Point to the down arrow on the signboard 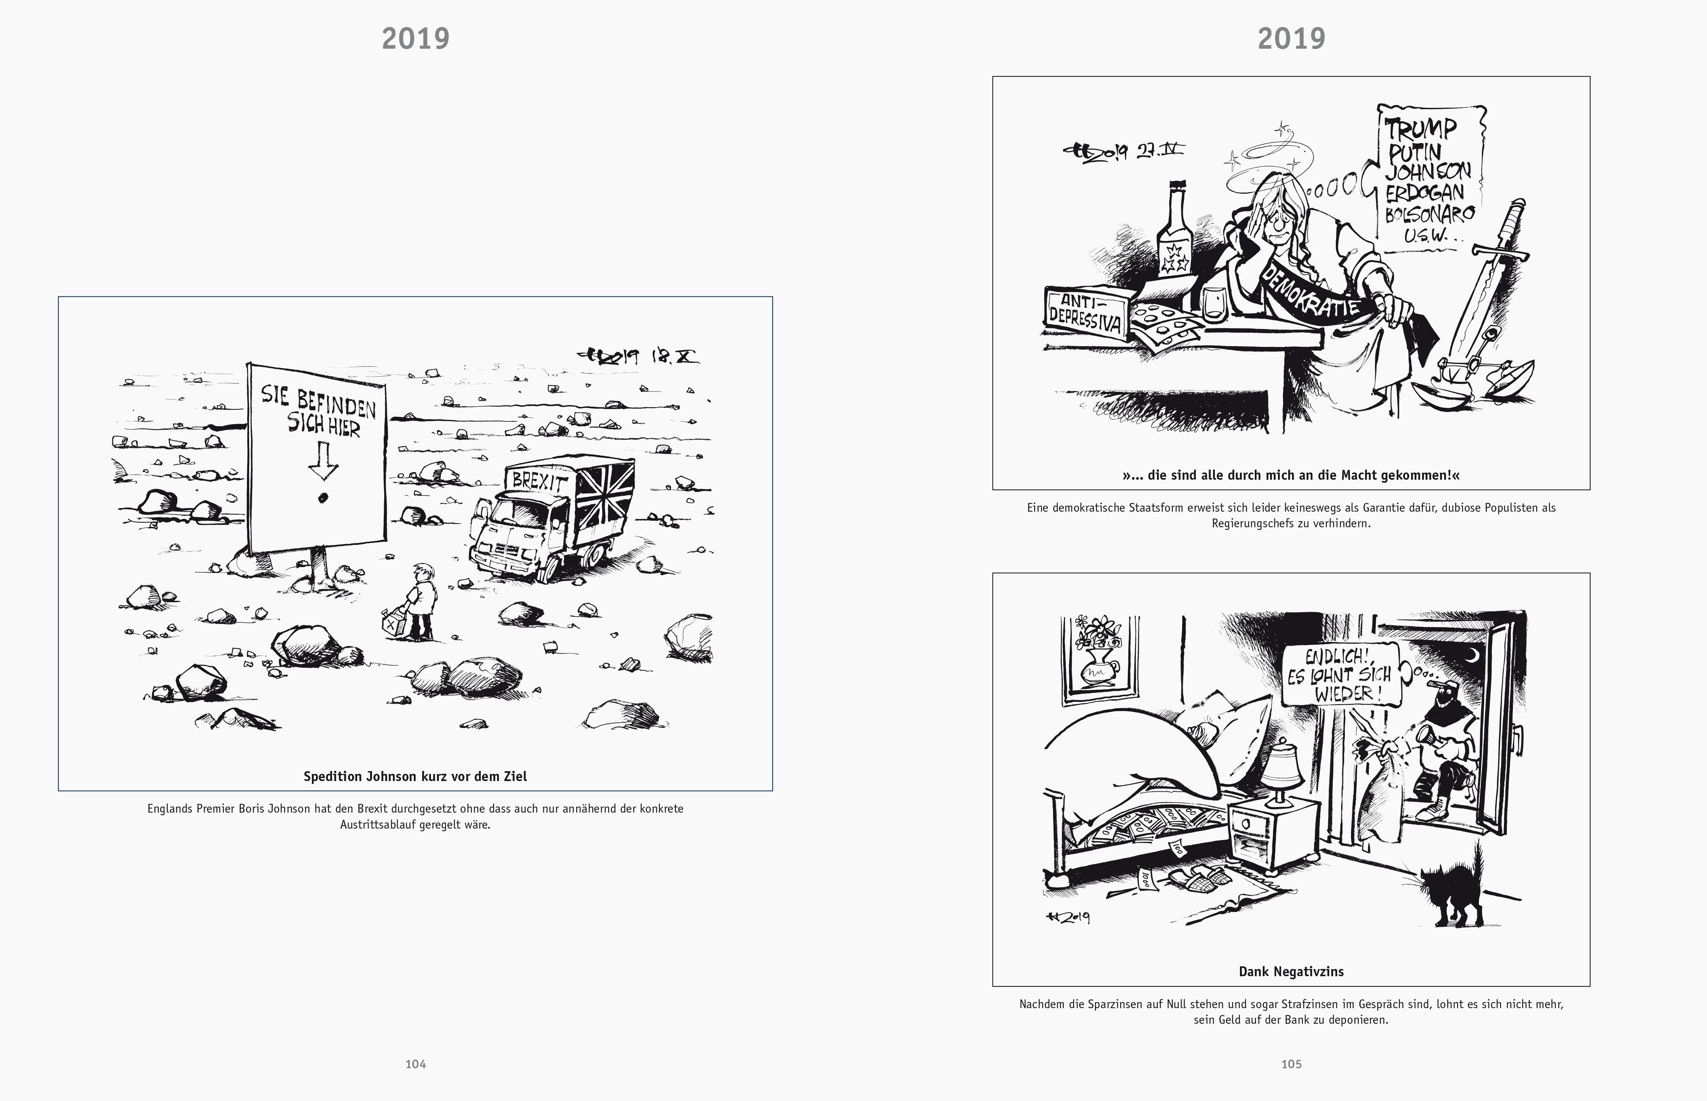point(323,459)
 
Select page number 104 point(415,1064)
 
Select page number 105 point(1291,1064)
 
